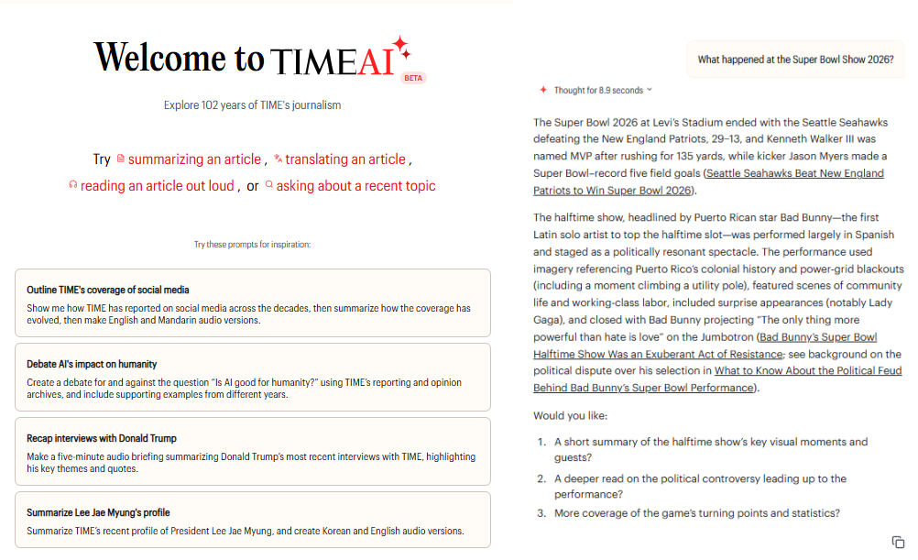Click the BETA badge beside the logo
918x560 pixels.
[x=413, y=78]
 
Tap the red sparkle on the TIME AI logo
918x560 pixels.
[x=400, y=48]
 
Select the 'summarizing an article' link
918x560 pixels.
[x=194, y=159]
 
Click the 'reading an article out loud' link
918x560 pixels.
[x=157, y=186]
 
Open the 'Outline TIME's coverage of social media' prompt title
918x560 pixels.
[x=108, y=290]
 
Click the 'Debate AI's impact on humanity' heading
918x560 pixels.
[x=92, y=364]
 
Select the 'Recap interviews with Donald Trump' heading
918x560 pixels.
[x=102, y=438]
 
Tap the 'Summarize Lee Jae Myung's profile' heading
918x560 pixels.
[x=98, y=512]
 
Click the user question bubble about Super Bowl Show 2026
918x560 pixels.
[x=795, y=60]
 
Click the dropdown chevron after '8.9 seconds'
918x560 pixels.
[x=650, y=90]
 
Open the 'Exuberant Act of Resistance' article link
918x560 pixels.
[x=658, y=354]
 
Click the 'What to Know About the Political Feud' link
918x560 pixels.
[x=808, y=371]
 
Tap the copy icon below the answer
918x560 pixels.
[x=898, y=543]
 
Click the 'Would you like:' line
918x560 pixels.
[x=570, y=416]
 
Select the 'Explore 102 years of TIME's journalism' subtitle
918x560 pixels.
[x=252, y=105]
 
